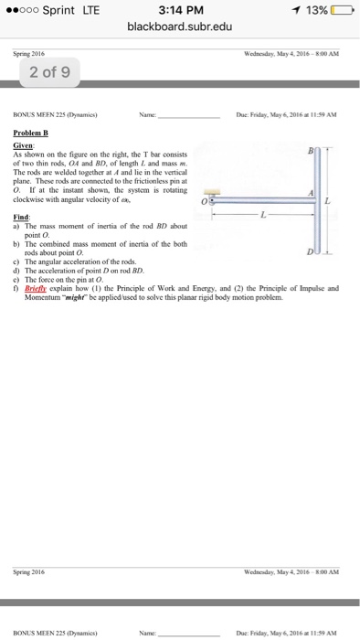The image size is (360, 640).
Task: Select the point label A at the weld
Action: coord(312,193)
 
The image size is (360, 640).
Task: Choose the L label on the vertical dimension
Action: coord(340,199)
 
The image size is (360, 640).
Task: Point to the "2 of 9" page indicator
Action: coord(42,72)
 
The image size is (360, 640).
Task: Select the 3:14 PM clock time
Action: coord(179,10)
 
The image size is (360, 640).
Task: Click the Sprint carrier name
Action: coord(58,10)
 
